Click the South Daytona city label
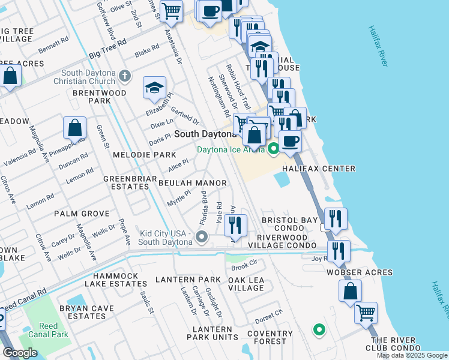pyautogui.click(x=205, y=134)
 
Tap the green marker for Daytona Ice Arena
pyautogui.click(x=274, y=149)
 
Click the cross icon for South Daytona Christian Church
pyautogui.click(x=124, y=76)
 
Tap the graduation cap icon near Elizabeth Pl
pyautogui.click(x=154, y=88)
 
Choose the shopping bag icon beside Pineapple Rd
pyautogui.click(x=74, y=128)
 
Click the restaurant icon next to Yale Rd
pyautogui.click(x=236, y=225)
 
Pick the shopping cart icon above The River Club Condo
pyautogui.click(x=366, y=312)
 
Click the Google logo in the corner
pyautogui.click(x=20, y=353)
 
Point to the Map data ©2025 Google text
pyautogui.click(x=412, y=355)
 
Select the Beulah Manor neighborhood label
pyautogui.click(x=192, y=183)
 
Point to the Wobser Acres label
pyautogui.click(x=359, y=272)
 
